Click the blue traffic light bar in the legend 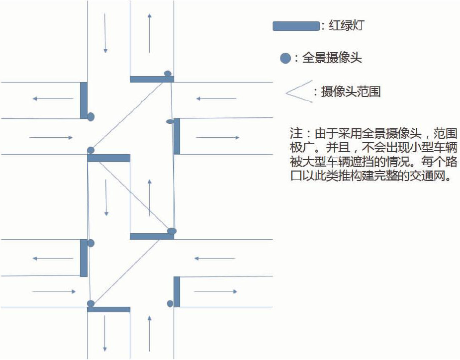[x=295, y=26]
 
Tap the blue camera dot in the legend [x=285, y=59]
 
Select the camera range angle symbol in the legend [x=299, y=91]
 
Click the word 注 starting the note [x=296, y=134]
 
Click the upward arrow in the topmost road [x=149, y=33]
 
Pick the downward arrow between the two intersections [x=106, y=197]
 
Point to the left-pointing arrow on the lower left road [x=53, y=258]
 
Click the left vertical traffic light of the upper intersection [x=84, y=100]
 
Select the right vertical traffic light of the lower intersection [x=177, y=291]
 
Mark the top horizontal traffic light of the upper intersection [x=152, y=79]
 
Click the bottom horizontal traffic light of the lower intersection [x=108, y=309]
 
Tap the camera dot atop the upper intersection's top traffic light [x=168, y=74]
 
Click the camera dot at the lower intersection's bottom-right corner [x=170, y=303]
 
